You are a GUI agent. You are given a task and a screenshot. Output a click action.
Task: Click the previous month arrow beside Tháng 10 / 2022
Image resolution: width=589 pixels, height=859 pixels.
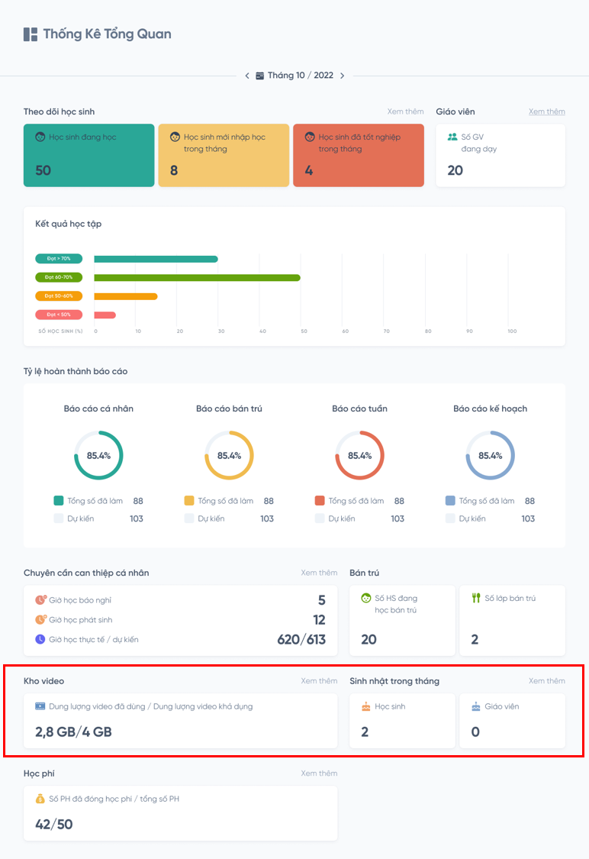click(x=247, y=76)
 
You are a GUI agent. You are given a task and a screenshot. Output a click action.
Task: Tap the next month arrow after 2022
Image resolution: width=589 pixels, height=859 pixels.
click(x=342, y=76)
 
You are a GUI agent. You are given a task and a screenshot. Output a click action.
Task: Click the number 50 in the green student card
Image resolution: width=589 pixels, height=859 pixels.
click(x=43, y=170)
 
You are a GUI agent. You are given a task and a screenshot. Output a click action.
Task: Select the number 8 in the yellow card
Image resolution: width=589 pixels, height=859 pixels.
click(x=174, y=170)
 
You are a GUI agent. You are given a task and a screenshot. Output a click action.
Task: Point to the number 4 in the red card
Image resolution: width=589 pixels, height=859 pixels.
click(x=309, y=170)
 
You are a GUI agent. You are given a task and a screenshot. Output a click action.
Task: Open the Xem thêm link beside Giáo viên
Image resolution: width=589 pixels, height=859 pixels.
click(x=546, y=111)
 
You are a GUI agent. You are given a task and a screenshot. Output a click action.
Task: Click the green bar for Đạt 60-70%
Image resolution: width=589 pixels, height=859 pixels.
click(x=197, y=277)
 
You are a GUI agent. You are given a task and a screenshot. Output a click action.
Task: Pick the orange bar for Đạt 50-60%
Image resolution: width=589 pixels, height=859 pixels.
click(x=126, y=296)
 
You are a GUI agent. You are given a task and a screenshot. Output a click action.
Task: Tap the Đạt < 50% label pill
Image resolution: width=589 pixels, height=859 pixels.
click(x=58, y=315)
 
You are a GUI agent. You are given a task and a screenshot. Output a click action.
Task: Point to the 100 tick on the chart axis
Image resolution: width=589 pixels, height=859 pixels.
click(x=512, y=331)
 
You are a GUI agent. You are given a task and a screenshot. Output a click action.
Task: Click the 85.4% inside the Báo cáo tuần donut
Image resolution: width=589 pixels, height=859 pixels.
click(x=359, y=456)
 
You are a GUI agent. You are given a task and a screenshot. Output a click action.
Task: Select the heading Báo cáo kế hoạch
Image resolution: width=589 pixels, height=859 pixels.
click(x=490, y=409)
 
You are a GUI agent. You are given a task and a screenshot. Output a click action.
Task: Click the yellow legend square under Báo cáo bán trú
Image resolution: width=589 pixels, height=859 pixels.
click(x=189, y=501)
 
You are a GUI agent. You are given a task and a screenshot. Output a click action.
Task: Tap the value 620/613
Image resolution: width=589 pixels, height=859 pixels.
click(x=301, y=639)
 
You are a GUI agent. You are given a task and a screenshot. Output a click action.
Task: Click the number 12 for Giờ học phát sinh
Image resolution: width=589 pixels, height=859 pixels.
click(x=319, y=619)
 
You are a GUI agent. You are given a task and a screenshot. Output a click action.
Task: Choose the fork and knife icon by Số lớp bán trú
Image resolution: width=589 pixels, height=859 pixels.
click(x=475, y=598)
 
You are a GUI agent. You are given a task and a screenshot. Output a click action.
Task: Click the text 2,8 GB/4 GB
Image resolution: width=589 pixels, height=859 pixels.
click(x=73, y=731)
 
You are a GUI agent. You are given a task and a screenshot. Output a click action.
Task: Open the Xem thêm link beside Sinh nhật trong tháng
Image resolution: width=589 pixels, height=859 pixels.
click(x=546, y=680)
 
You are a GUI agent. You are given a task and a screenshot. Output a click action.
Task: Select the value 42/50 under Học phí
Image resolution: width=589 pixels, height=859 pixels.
click(x=54, y=824)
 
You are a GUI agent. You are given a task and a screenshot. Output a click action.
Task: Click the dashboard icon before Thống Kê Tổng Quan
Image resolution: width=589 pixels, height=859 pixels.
click(x=31, y=34)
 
